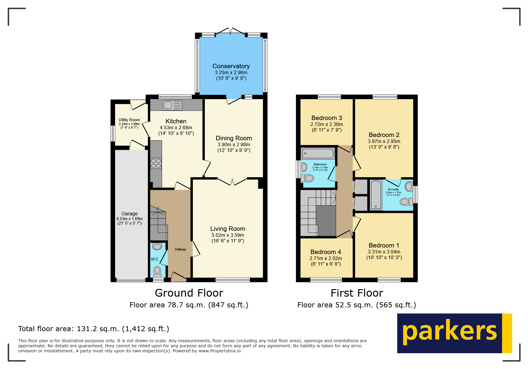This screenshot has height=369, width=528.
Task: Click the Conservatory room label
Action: point(231,66)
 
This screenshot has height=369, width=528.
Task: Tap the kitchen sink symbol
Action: point(172,105)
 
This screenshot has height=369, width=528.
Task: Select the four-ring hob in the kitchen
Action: point(156,163)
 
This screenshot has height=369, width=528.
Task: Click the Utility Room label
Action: point(129,120)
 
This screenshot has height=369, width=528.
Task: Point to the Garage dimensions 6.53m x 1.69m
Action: point(129,219)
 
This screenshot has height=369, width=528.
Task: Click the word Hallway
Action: point(180,249)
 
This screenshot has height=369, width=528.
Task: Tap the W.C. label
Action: point(155,259)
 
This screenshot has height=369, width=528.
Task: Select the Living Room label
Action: point(228,229)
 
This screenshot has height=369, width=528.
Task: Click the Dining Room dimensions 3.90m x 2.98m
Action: point(234,144)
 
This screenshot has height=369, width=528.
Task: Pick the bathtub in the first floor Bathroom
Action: point(318,153)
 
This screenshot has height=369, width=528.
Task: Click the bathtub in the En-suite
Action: point(376,195)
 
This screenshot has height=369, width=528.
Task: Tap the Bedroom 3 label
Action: point(326,118)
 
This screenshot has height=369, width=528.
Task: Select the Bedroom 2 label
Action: point(384,135)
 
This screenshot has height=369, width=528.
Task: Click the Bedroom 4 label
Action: point(326,252)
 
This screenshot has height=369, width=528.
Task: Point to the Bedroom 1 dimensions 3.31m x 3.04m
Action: point(384,252)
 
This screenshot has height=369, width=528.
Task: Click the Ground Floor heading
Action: point(189,293)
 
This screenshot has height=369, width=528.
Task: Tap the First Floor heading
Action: point(357,293)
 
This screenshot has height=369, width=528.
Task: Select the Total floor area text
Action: point(94,329)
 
